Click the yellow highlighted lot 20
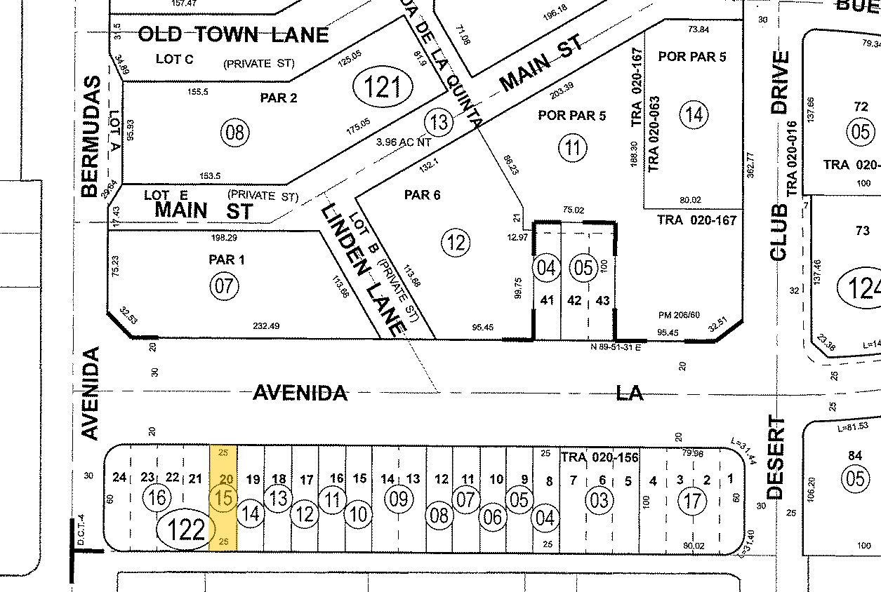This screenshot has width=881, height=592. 224,497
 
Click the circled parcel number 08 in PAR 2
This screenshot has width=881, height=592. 234,131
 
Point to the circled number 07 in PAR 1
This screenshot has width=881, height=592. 225,285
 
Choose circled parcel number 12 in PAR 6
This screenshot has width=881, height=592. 456,243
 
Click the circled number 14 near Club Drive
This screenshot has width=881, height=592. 694,114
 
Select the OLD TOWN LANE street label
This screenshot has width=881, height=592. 233,34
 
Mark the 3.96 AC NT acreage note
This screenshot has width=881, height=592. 402,141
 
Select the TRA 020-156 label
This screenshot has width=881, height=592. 600,457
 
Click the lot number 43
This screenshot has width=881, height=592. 602,300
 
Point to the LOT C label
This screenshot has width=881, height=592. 174,59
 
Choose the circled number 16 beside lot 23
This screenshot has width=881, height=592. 157,499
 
